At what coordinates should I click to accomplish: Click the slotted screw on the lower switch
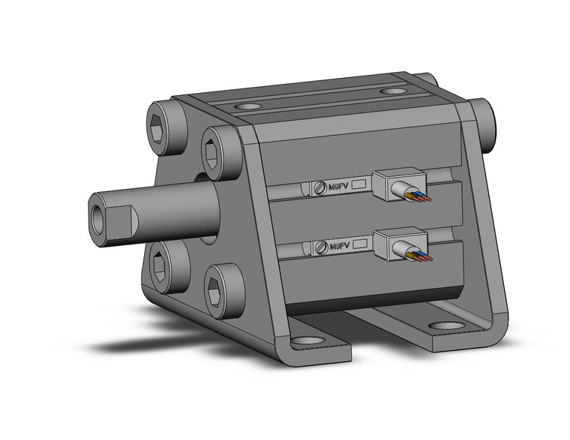click(321, 246)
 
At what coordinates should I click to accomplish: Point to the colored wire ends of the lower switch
click(422, 257)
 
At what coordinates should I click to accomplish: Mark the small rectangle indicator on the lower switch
click(359, 243)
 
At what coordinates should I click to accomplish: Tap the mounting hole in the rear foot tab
click(447, 327)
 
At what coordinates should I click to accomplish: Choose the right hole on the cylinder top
click(390, 91)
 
